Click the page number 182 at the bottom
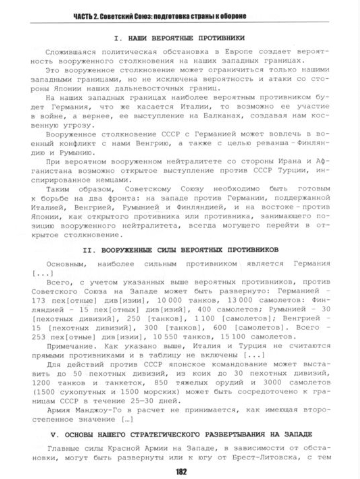pos(181,471)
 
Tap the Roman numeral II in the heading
pos(88,250)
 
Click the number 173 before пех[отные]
pos(38,300)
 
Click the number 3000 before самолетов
pos(272,383)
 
